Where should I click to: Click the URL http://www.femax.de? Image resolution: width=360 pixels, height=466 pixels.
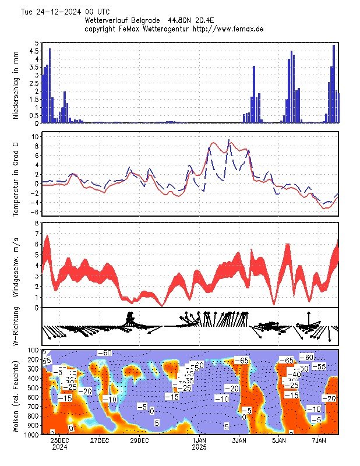(229, 28)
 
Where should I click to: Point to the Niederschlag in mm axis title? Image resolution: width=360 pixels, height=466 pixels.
(16, 83)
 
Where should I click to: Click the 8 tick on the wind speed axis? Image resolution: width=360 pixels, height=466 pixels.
(37, 223)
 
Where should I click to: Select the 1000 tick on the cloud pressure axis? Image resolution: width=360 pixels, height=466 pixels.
(31, 435)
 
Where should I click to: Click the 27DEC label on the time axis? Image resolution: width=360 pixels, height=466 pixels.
(100, 441)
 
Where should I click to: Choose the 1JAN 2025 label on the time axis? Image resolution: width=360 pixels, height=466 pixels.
(200, 444)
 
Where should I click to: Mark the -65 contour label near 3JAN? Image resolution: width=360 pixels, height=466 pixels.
(241, 361)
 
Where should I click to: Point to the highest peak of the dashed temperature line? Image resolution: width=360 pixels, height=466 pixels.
(229, 140)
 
